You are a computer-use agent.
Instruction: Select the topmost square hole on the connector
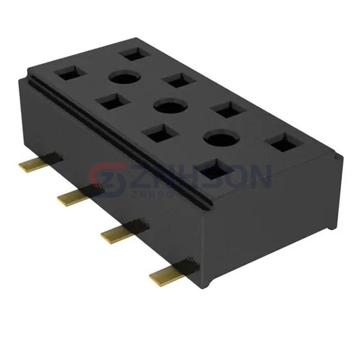point(132,53)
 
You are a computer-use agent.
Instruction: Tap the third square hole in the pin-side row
point(158,134)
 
